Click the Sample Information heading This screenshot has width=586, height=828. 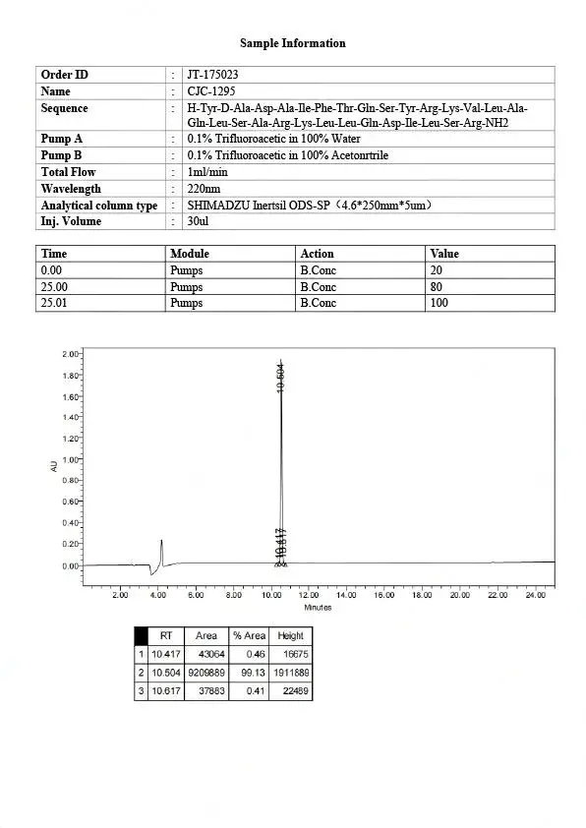click(x=293, y=43)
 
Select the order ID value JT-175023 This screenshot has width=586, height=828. click(x=212, y=75)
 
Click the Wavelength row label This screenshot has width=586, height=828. click(x=71, y=189)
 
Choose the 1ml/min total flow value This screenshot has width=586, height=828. click(x=205, y=172)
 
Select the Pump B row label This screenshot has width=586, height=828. click(x=61, y=155)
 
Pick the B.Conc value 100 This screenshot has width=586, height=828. click(x=439, y=303)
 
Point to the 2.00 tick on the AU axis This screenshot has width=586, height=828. click(x=70, y=353)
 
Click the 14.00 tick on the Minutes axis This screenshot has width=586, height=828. click(x=346, y=595)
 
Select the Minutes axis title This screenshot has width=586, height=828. click(x=318, y=607)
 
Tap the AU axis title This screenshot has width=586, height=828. click(x=54, y=465)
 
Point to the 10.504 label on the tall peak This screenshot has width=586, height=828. click(x=281, y=379)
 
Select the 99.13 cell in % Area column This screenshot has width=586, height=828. click(x=251, y=673)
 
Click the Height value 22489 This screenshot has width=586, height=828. click(x=291, y=690)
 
